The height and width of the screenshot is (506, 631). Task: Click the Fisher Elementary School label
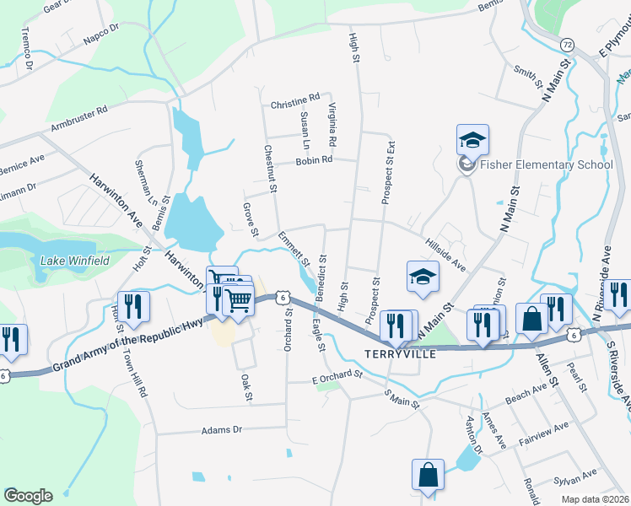[x=546, y=164]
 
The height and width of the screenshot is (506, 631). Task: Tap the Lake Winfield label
[x=75, y=261]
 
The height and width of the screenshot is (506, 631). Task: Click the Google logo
[x=28, y=496]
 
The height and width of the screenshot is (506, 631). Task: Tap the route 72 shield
[x=566, y=42]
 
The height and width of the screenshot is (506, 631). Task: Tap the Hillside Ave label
[x=445, y=253]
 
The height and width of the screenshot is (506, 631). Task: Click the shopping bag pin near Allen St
[x=531, y=320]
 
